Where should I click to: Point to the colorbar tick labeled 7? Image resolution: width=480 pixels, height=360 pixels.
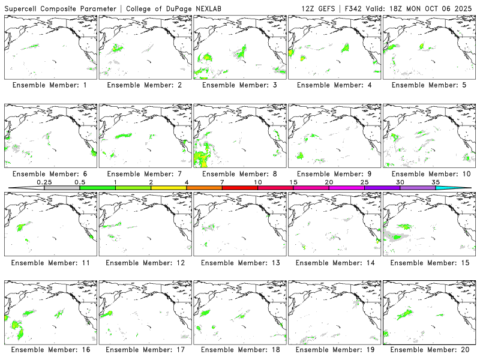[x=222, y=182]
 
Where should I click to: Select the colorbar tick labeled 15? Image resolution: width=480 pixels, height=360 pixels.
[x=293, y=182]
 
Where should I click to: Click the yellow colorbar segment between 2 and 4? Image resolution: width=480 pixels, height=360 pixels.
[x=169, y=188]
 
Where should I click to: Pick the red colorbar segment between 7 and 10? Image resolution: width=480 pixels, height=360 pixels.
[x=240, y=188]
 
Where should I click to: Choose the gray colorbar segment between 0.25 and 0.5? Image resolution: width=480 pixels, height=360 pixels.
[x=62, y=188]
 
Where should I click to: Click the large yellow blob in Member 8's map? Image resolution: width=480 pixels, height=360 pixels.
[x=202, y=158]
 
